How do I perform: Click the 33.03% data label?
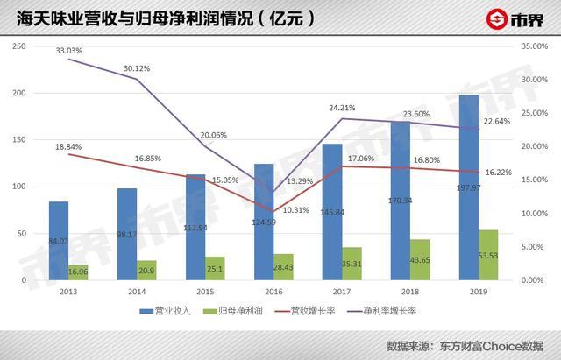[x=68, y=52]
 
